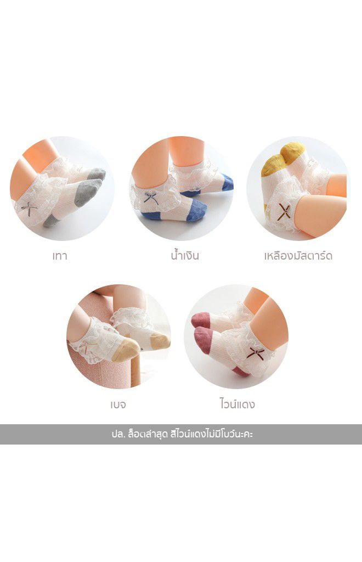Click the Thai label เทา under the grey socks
(x=60, y=256)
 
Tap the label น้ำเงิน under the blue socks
(x=185, y=255)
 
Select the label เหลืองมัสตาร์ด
(x=298, y=256)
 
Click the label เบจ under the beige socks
(x=118, y=404)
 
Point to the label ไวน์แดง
(x=237, y=404)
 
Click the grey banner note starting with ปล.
(x=182, y=435)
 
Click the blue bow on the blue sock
(x=151, y=198)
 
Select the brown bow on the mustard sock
(x=284, y=211)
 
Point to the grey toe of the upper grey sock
(x=97, y=174)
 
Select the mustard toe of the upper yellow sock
(x=293, y=150)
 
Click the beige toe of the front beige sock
(x=125, y=350)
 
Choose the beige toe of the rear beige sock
(x=160, y=341)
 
